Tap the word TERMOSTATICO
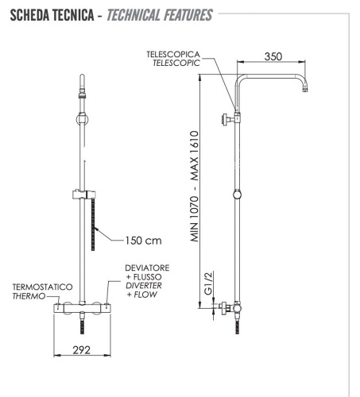coord(41,287)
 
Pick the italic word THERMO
coord(29,296)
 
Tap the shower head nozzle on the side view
coord(304,94)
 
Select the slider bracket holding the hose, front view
coord(82,194)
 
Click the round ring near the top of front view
coord(80,119)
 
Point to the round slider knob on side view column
coord(237,195)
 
